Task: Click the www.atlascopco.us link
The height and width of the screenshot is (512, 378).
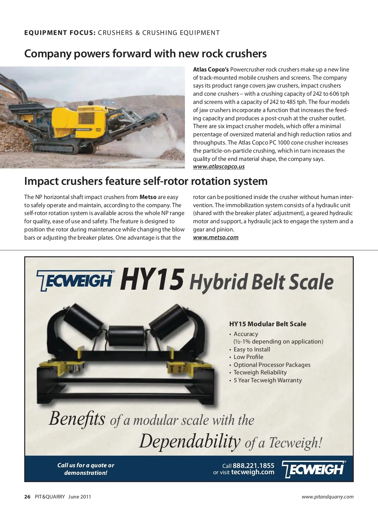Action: (x=219, y=167)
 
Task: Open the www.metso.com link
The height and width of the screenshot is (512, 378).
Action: (x=216, y=237)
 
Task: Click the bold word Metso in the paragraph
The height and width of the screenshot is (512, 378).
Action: (x=148, y=197)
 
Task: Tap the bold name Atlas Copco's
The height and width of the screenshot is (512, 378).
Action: (x=211, y=70)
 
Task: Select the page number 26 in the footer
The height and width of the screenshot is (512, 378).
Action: (x=27, y=497)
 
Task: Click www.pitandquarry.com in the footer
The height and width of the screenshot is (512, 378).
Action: (x=327, y=497)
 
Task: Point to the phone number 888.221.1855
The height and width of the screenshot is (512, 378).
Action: (x=253, y=465)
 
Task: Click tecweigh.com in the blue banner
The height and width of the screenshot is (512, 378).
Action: (x=253, y=472)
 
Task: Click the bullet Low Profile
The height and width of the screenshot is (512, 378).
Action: (x=248, y=357)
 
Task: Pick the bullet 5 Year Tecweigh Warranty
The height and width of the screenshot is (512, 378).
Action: (x=267, y=380)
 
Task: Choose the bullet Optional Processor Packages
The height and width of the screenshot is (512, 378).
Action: (x=272, y=365)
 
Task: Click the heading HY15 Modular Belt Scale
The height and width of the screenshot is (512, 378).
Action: (x=267, y=324)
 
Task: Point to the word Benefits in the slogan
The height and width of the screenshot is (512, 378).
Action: (x=77, y=419)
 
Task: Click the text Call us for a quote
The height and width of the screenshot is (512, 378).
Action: (x=86, y=465)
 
